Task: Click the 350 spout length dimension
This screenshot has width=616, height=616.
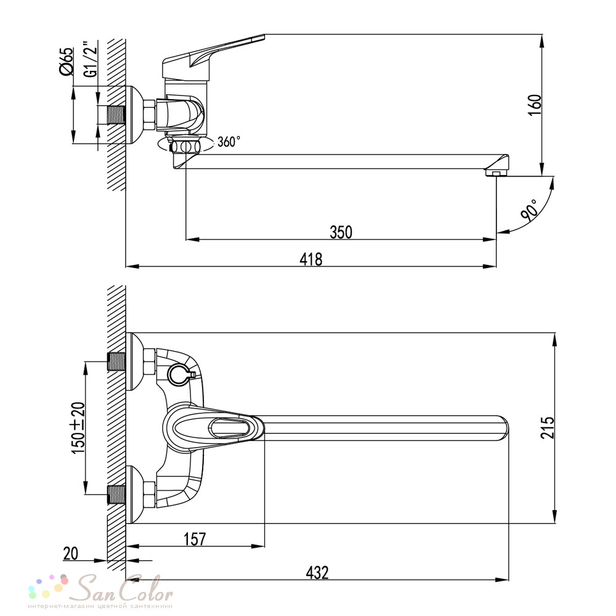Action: [x=341, y=232]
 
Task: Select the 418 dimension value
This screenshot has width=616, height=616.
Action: [x=310, y=259]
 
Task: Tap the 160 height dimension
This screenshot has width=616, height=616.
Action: [x=535, y=105]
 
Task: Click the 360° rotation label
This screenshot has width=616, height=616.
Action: [x=229, y=141]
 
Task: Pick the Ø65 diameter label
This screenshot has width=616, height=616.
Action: [x=66, y=61]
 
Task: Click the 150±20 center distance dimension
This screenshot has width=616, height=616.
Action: [x=78, y=428]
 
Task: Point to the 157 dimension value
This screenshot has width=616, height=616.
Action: [x=195, y=539]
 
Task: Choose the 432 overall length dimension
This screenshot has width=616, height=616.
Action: [x=317, y=573]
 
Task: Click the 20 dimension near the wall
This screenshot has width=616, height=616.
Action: [x=71, y=554]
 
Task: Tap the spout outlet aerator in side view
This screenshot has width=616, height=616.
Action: [x=496, y=172]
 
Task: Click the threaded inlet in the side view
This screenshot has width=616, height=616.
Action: [x=116, y=115]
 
